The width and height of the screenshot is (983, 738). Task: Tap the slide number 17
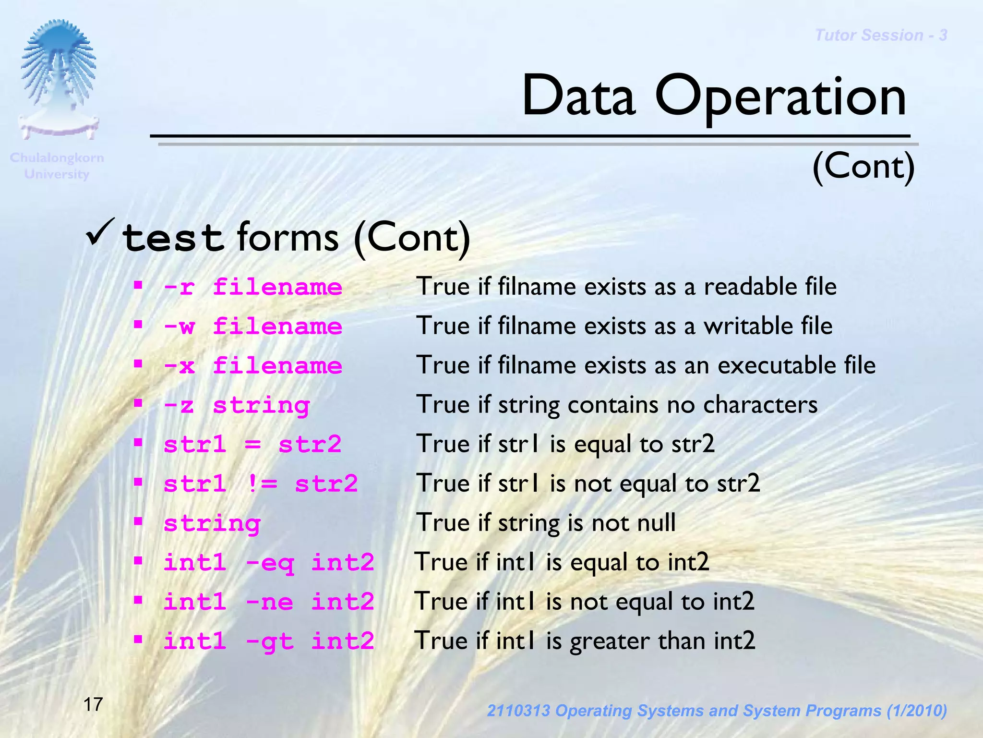(93, 704)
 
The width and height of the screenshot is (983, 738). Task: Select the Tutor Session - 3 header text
(881, 35)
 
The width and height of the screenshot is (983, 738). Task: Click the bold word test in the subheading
(173, 238)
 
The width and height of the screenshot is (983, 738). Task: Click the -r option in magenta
(179, 288)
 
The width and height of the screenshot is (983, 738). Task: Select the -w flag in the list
(179, 327)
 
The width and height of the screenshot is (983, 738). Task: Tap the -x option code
(179, 366)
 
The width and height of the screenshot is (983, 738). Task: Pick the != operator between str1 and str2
(262, 484)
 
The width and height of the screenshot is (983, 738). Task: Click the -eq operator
(270, 562)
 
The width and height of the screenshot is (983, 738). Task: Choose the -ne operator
(269, 602)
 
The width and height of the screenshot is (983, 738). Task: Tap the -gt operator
(269, 641)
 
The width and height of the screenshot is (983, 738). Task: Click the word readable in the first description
(749, 287)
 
